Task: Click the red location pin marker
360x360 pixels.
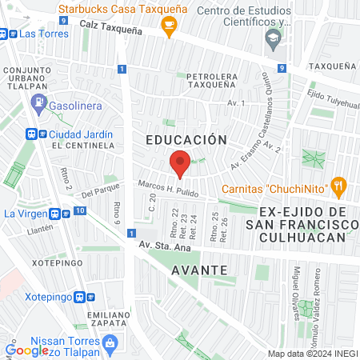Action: coord(180,163)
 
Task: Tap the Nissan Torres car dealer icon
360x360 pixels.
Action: coord(112,342)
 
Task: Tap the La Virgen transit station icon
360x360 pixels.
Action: coord(55,214)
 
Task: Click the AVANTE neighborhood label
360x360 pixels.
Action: coord(199,270)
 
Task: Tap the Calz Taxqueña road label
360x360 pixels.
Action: coord(110,26)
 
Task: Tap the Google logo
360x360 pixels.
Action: coord(27,350)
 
